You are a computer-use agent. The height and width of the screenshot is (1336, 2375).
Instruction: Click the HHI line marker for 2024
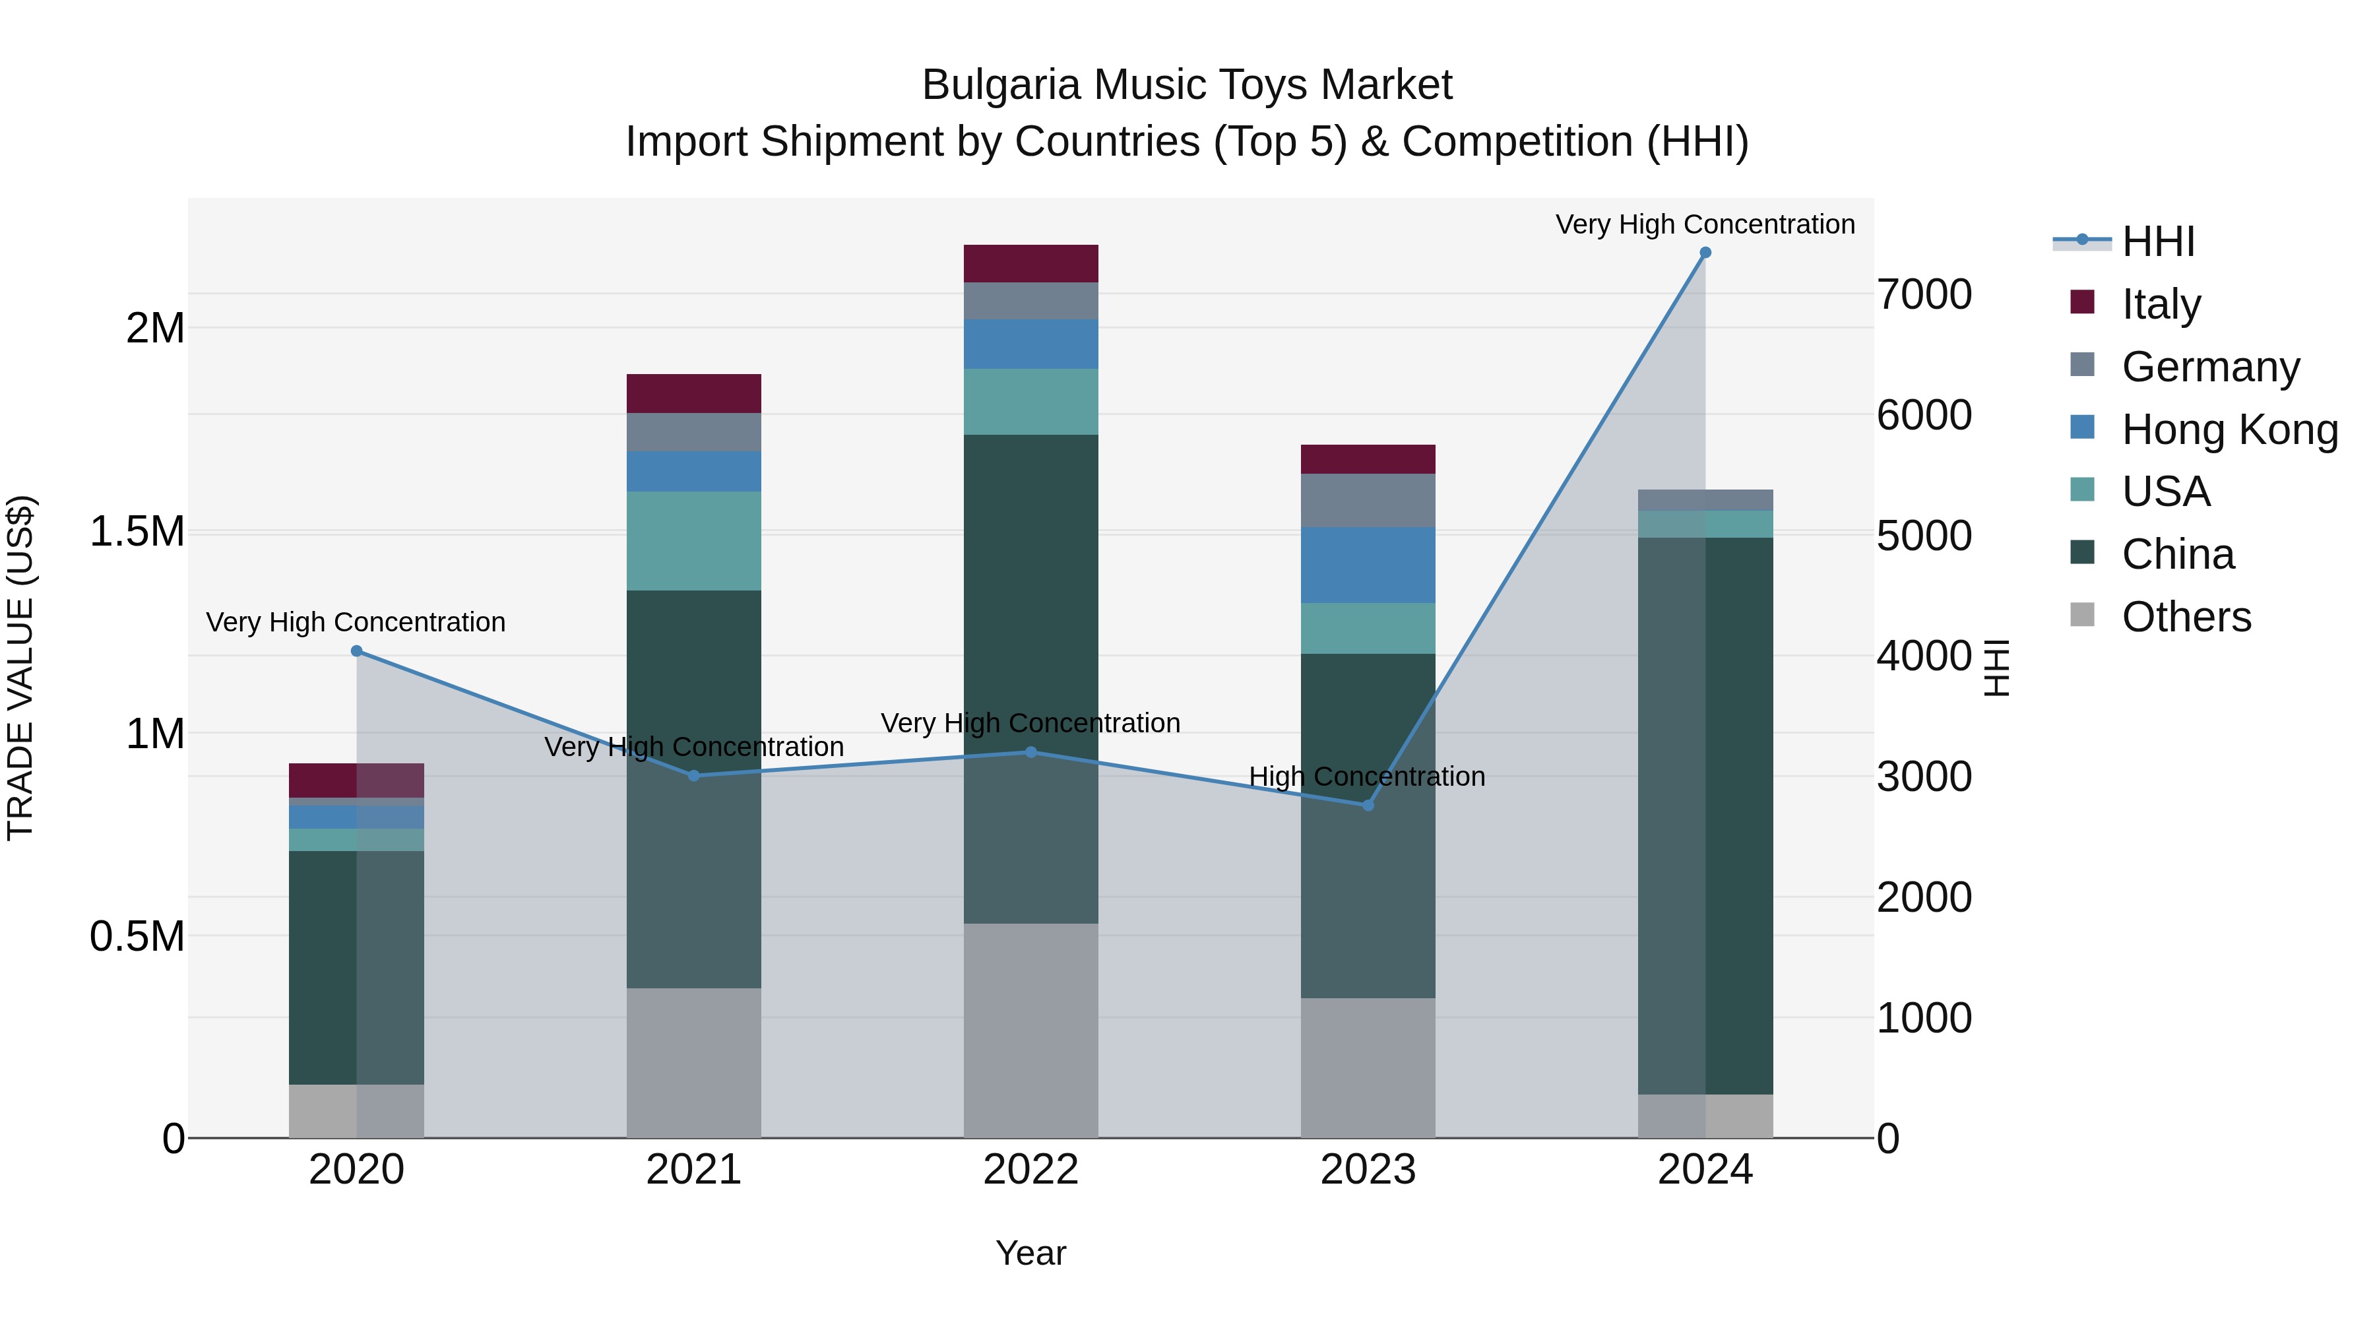[x=1705, y=253]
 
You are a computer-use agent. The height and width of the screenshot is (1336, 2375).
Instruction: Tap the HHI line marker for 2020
[x=357, y=651]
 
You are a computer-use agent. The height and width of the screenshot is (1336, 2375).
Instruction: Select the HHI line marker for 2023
[x=1368, y=805]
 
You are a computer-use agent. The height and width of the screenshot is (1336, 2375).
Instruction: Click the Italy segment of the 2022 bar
[x=1030, y=264]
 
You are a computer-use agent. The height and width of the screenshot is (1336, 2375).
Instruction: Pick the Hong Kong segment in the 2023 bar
[x=1368, y=565]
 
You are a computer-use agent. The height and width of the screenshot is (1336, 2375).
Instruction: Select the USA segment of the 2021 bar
[x=693, y=540]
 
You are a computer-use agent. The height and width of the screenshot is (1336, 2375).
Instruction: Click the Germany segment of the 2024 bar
[x=1705, y=499]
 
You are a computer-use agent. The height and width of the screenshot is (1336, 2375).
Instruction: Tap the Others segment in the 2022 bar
[x=1030, y=1030]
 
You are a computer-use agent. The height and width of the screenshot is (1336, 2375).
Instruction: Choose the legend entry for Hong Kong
[x=2229, y=429]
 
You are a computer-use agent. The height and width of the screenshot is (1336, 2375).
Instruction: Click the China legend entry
[x=2178, y=554]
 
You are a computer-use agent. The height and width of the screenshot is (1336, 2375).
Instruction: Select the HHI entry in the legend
[x=2157, y=241]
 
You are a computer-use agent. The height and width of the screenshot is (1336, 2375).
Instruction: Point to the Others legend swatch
[x=2082, y=615]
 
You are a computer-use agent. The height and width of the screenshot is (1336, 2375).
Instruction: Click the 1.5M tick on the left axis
[x=137, y=532]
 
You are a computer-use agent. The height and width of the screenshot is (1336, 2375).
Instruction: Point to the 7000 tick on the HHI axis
[x=1924, y=295]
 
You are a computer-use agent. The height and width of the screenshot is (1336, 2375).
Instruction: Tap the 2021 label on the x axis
[x=693, y=1170]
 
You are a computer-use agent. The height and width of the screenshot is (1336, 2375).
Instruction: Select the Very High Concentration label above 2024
[x=1705, y=224]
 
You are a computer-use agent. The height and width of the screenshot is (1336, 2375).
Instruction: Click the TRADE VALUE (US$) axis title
[x=20, y=668]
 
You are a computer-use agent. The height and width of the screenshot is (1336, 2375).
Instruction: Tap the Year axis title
[x=1030, y=1253]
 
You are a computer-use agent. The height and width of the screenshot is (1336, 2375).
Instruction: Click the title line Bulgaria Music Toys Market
[x=1187, y=85]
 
